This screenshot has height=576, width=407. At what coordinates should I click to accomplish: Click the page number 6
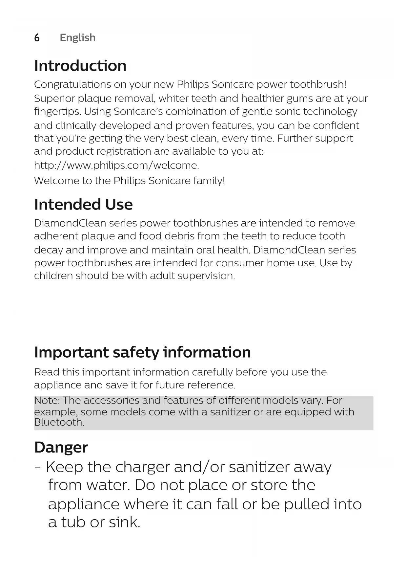[x=37, y=38]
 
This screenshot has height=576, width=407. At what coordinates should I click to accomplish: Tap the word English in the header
[x=77, y=38]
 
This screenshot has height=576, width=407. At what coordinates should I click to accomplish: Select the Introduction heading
[x=80, y=66]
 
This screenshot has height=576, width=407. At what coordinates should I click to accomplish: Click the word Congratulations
[x=72, y=85]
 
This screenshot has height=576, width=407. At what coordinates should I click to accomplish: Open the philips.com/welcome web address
[x=116, y=165]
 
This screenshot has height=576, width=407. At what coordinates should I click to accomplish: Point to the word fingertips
[x=57, y=112]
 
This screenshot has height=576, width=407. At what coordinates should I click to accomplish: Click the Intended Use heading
[x=83, y=205]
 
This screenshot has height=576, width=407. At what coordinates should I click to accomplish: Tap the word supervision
[x=206, y=276]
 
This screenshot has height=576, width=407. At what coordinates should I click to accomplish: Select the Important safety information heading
[x=142, y=352]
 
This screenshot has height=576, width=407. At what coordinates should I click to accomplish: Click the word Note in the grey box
[x=47, y=401]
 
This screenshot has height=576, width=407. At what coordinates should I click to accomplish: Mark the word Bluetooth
[x=59, y=422]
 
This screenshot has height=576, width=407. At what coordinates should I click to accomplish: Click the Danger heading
[x=61, y=447]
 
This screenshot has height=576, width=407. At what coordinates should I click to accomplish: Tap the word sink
[x=124, y=522]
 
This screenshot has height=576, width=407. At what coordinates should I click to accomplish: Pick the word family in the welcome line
[x=209, y=181]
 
